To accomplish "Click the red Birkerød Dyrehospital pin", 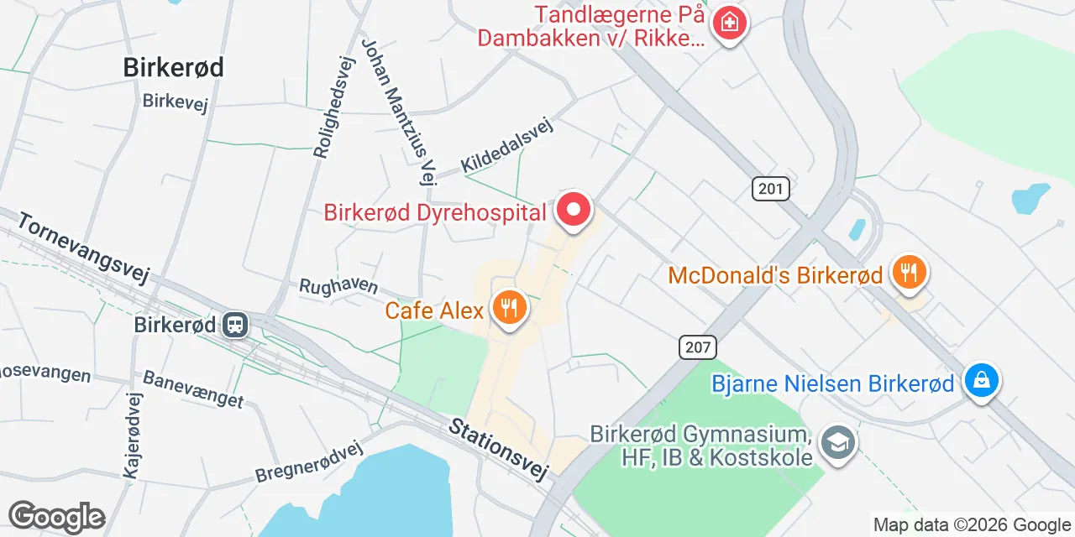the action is coord(574,210).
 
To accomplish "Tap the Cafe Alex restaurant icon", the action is coord(509,309).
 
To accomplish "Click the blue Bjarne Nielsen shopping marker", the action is coord(980,382).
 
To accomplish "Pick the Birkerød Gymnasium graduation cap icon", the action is coord(837,442).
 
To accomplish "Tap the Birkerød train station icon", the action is coord(235,324).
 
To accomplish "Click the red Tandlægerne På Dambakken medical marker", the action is coord(729,23).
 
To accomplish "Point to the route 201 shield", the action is coord(770,189).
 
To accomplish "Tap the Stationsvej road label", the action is coord(499,450).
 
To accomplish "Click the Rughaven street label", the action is coord(338,286).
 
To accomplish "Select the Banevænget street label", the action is coord(193,389).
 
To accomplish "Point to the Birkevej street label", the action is coord(175,102).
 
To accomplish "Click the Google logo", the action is coord(57,517).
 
